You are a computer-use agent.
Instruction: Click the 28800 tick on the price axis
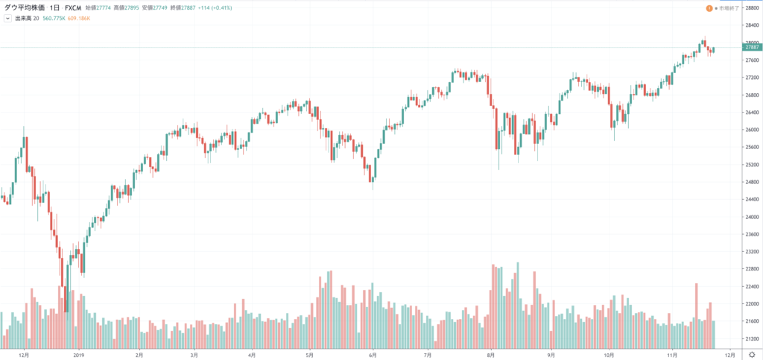pyautogui.click(x=747, y=7)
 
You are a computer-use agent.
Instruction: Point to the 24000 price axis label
pyautogui.click(x=747, y=217)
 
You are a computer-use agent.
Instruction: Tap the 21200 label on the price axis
pyautogui.click(x=747, y=338)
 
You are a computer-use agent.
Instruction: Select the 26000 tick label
pyautogui.click(x=747, y=130)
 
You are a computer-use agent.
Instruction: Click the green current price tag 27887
pyautogui.click(x=748, y=48)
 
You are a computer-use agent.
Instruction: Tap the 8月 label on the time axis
pyautogui.click(x=491, y=355)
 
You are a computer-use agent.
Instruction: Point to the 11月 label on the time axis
pyautogui.click(x=674, y=355)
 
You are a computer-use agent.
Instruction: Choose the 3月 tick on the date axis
pyautogui.click(x=194, y=355)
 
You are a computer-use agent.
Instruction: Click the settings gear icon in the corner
pyautogui.click(x=751, y=355)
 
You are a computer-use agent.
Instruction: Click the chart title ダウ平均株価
pyautogui.click(x=24, y=8)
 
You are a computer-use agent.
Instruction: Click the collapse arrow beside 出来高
pyautogui.click(x=7, y=18)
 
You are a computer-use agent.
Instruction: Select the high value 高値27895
pyautogui.click(x=125, y=8)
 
